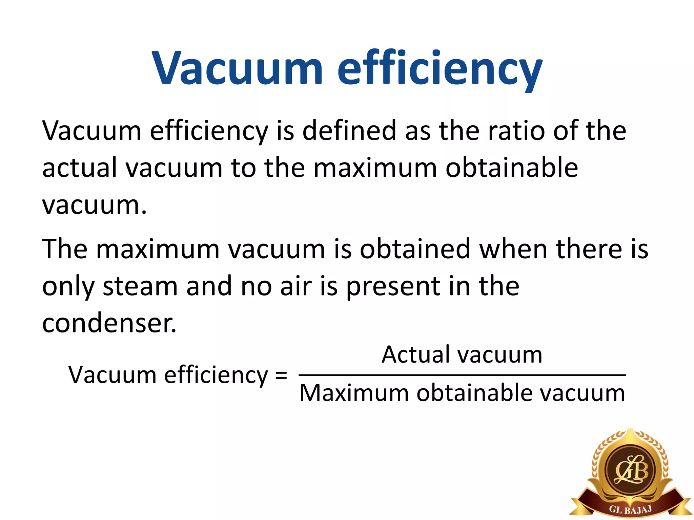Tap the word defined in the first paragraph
(349, 131)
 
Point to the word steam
(140, 286)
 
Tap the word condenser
(109, 323)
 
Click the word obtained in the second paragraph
(415, 250)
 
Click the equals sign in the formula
(281, 375)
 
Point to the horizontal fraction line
(462, 375)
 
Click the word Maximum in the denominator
(354, 393)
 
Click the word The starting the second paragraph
(64, 250)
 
